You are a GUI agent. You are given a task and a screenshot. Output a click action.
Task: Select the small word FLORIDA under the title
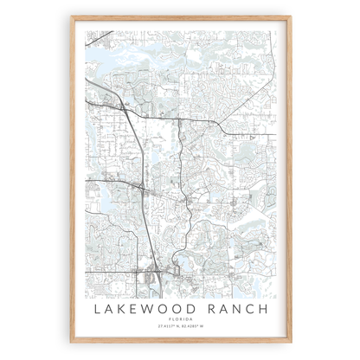(x=180, y=320)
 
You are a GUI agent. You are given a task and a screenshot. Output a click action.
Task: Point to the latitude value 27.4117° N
(x=166, y=326)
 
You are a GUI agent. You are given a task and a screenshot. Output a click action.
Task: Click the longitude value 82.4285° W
(x=194, y=326)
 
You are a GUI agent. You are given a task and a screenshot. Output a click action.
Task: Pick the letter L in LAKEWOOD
(x=100, y=309)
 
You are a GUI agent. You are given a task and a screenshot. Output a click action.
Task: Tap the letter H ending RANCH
(x=260, y=309)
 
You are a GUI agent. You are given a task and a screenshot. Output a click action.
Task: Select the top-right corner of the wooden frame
(x=290, y=16)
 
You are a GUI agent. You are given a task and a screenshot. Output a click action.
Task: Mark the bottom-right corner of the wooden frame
(x=290, y=344)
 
